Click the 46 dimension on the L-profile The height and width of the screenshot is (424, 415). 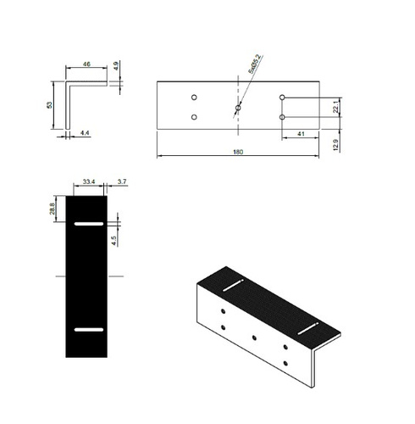(87, 64)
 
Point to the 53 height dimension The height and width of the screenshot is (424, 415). (51, 104)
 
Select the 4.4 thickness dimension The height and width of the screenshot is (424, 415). (86, 133)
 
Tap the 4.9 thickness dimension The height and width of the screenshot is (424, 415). (116, 65)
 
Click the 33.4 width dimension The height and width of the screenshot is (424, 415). (89, 181)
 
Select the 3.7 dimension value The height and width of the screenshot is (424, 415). (122, 181)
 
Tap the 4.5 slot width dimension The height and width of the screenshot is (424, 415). (113, 240)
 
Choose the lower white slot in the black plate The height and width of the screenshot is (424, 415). (88, 328)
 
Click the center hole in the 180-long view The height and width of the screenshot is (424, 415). (238, 108)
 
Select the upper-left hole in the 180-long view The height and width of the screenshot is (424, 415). (195, 97)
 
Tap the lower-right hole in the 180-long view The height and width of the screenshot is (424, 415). (283, 117)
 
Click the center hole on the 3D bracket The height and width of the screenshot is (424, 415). (254, 338)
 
